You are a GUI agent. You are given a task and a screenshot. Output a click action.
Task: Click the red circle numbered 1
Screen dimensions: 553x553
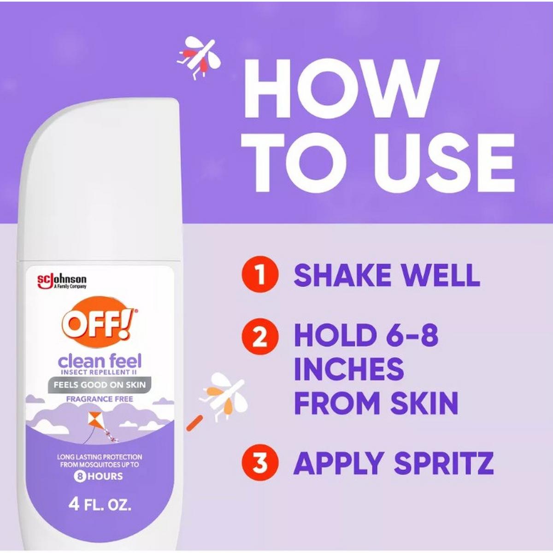[x=260, y=275]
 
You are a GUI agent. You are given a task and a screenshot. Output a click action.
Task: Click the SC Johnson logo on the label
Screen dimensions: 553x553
[x=62, y=281]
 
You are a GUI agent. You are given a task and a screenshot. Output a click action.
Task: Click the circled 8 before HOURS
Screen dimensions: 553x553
[x=79, y=477]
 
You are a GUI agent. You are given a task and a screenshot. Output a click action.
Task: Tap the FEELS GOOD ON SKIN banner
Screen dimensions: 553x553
[x=99, y=384]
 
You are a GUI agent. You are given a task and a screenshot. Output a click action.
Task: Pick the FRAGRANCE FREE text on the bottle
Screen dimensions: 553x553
[x=100, y=399]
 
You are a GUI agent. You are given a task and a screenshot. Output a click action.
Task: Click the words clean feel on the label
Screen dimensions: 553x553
[x=100, y=361]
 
